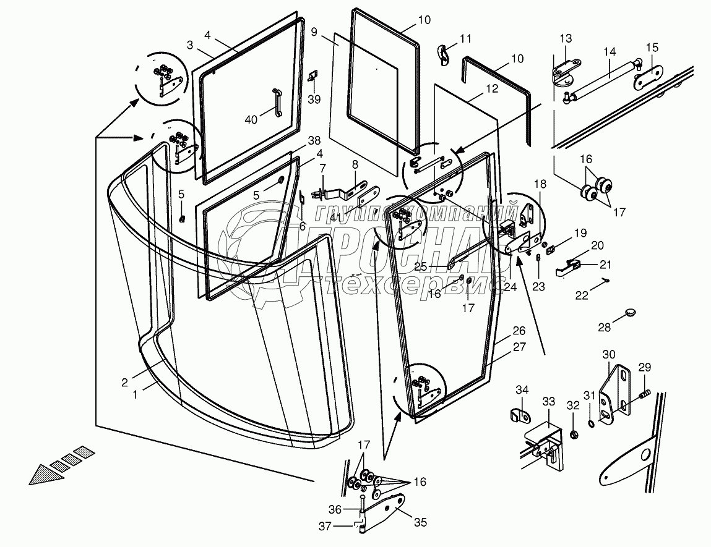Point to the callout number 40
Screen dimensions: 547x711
tap(251, 119)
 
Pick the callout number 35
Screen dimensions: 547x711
tap(420, 522)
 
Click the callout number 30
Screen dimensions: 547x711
tap(610, 354)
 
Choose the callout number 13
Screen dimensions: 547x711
tap(566, 38)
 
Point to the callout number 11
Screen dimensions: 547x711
tap(465, 38)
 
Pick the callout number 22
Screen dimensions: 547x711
tap(581, 296)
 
